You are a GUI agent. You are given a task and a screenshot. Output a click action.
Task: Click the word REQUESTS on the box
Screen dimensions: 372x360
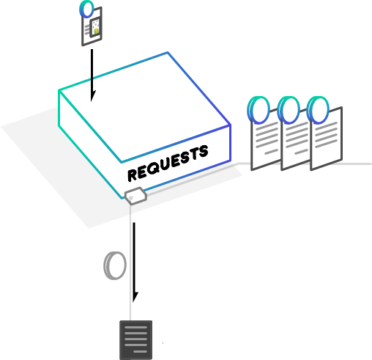(168, 164)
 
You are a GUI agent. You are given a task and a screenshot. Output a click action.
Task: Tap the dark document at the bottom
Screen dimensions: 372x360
(135, 340)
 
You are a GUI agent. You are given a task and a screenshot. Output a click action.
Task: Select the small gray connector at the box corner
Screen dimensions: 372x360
(135, 196)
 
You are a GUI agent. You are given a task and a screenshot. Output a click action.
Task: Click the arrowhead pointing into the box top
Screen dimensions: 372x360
(93, 96)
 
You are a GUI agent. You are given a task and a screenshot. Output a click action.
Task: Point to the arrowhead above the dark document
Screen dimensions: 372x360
(135, 297)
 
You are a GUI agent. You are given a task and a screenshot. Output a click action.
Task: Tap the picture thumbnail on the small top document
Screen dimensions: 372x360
(95, 28)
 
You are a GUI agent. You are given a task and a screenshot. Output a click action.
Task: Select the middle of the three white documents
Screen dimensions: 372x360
(296, 142)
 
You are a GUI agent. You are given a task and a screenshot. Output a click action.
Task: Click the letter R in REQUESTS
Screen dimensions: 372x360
(133, 175)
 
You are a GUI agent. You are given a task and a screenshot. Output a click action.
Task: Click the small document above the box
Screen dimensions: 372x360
(92, 26)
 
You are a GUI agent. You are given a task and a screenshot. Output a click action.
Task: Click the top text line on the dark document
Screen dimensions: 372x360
(135, 327)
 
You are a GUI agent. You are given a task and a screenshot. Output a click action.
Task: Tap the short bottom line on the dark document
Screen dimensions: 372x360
(141, 352)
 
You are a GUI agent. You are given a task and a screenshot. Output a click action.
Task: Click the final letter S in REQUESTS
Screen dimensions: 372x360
(203, 152)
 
